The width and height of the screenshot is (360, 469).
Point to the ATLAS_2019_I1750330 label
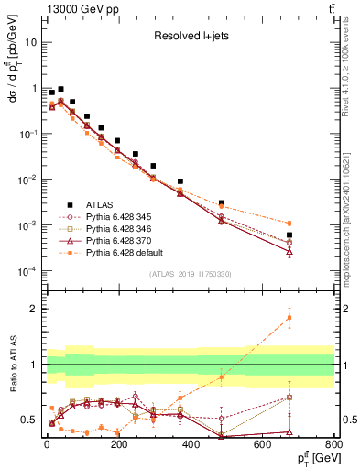point(190,274)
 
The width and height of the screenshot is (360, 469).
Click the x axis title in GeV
point(312,457)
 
